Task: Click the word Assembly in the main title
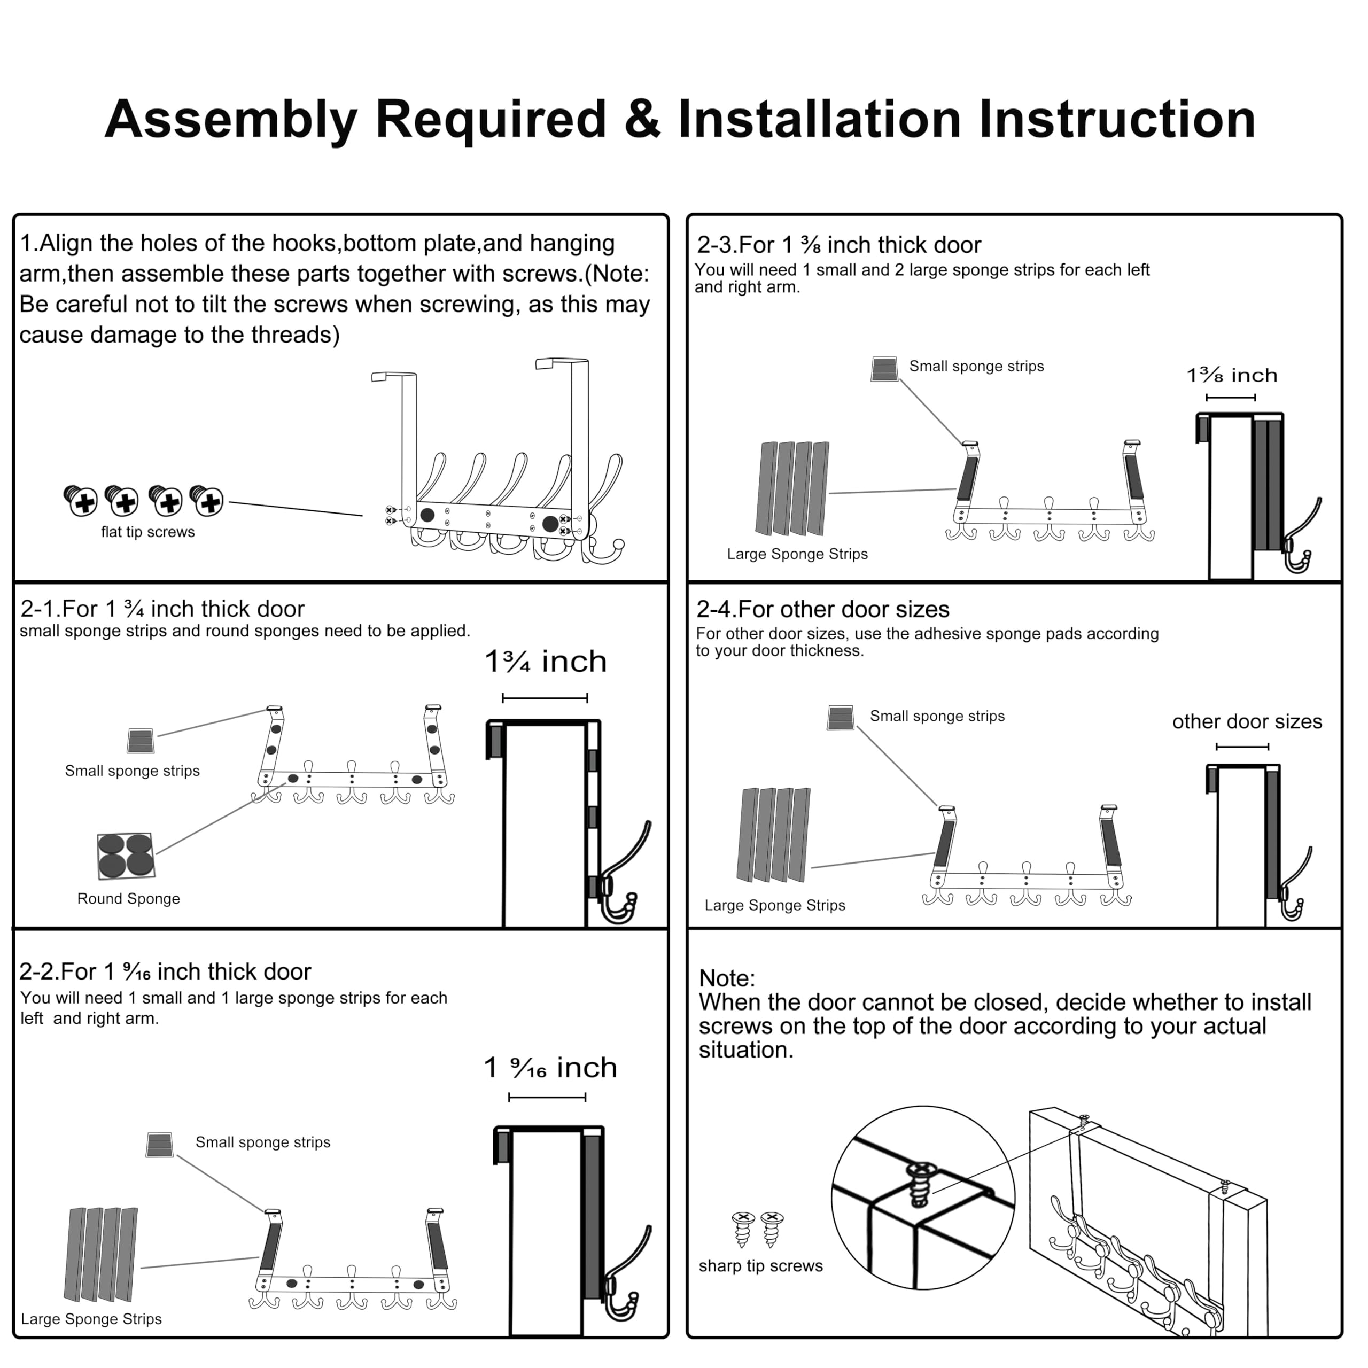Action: [x=231, y=119]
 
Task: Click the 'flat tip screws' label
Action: [x=147, y=532]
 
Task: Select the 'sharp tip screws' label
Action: [x=760, y=1265]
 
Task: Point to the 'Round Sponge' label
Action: [x=128, y=898]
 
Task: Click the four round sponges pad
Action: [x=126, y=856]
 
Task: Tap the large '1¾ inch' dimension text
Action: [x=545, y=662]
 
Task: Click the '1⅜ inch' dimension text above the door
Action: [x=1232, y=375]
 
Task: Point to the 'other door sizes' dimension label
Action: [x=1247, y=721]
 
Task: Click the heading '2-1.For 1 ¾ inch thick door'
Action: [x=162, y=609]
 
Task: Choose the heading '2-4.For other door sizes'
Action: [x=822, y=609]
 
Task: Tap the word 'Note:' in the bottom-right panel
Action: [x=727, y=978]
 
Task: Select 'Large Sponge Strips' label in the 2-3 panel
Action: [x=797, y=554]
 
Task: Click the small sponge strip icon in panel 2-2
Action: [x=159, y=1145]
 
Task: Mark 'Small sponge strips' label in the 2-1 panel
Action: [x=133, y=771]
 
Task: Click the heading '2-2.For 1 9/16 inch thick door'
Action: [x=165, y=971]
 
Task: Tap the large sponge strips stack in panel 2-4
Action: [x=774, y=835]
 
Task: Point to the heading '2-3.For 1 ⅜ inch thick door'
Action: [x=839, y=245]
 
